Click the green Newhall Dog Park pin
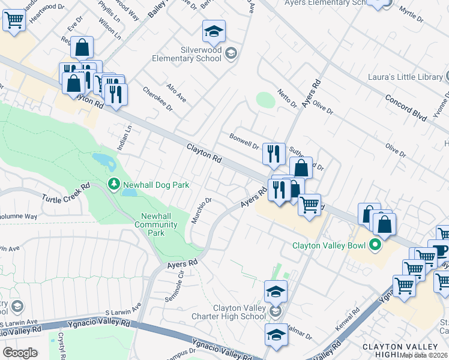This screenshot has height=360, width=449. pyautogui.click(x=112, y=183)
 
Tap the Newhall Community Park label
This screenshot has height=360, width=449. pyautogui.click(x=159, y=224)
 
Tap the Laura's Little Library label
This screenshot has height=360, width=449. pyautogui.click(x=405, y=77)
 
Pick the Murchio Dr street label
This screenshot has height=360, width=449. pyautogui.click(x=201, y=209)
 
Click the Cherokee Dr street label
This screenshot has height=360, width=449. pyautogui.click(x=157, y=100)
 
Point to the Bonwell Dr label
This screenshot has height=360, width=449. pyautogui.click(x=243, y=141)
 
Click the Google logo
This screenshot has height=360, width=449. pyautogui.click(x=20, y=353)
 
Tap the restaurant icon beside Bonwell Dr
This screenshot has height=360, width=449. pyautogui.click(x=274, y=154)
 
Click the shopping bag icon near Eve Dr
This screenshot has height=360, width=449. pyautogui.click(x=82, y=47)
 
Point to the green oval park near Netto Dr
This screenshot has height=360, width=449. pyautogui.click(x=265, y=100)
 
